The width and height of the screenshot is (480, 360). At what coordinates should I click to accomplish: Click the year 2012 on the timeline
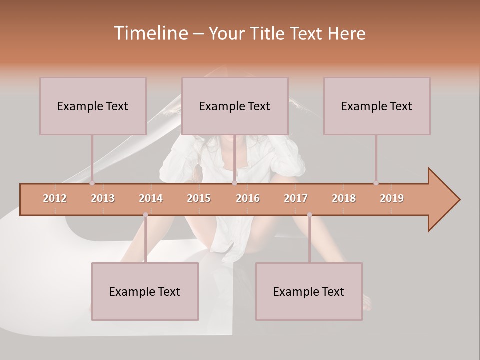pos(55,198)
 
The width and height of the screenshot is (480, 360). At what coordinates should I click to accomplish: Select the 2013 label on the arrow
pos(103,198)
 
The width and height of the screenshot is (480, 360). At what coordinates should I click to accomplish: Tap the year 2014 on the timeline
pos(151,198)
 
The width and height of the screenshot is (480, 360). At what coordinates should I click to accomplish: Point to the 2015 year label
pos(199,198)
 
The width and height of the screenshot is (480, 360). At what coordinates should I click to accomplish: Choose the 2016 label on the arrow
pos(248,198)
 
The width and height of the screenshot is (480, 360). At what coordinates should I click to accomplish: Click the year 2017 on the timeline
pos(296,198)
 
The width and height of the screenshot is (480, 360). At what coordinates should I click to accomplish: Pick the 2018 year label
pos(344,198)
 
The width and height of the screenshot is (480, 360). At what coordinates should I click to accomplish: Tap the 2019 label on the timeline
pos(392,198)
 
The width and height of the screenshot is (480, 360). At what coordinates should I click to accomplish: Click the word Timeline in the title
pos(149,33)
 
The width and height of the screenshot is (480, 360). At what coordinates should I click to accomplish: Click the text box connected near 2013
pos(93,106)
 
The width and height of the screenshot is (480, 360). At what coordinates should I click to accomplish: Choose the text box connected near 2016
pos(235,106)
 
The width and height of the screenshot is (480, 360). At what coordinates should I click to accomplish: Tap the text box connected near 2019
pos(377,106)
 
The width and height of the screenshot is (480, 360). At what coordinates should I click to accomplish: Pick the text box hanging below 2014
pos(145,291)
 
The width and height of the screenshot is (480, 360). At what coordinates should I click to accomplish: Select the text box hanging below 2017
pos(309,291)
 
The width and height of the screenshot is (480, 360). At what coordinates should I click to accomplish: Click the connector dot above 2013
pos(92,183)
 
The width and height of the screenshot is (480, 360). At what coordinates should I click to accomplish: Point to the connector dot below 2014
pos(145,215)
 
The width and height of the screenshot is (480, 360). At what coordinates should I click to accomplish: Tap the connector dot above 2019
pos(376,183)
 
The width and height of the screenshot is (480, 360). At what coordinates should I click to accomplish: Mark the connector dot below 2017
pos(309,215)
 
